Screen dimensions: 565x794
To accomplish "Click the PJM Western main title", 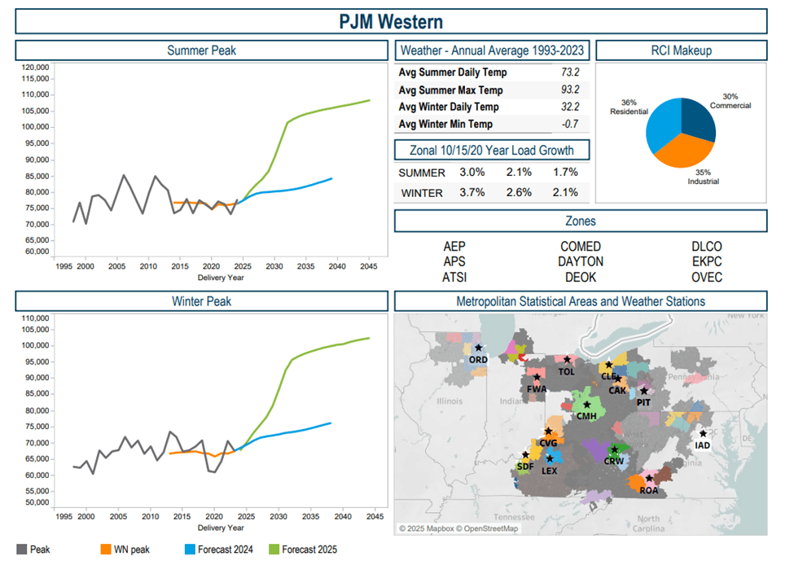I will pos(391,20).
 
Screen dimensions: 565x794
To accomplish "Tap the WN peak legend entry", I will pos(130,550).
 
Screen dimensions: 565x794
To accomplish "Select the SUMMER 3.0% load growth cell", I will pos(472,173).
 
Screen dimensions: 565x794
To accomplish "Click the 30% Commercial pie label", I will pos(730,100).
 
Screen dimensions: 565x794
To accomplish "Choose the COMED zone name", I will pos(581,247).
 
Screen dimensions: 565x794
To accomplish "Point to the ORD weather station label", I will pos(479,360).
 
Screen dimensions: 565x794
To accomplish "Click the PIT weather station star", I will pos(644,392).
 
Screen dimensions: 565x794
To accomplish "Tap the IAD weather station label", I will pos(703,445).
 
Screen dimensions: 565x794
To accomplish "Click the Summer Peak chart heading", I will pos(201,50).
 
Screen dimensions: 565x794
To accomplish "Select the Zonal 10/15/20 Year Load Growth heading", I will pos(492,150).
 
